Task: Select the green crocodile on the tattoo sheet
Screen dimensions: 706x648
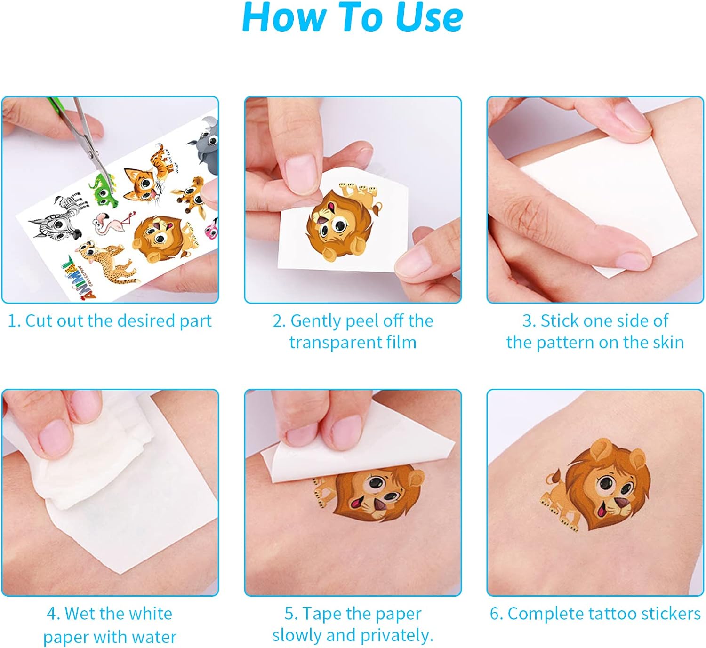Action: (x=102, y=189)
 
